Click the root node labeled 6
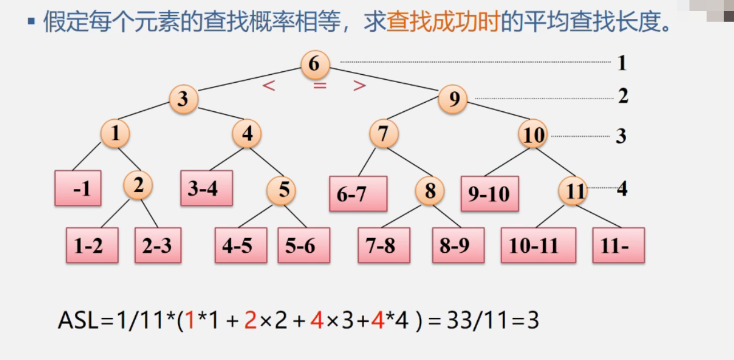[314, 64]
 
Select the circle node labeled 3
[183, 99]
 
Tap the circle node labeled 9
[453, 100]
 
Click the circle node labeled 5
[284, 190]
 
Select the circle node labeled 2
[138, 186]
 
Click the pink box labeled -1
[78, 188]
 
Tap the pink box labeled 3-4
[207, 188]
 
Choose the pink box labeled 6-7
[358, 194]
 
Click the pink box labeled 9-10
[490, 194]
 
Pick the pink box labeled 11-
[618, 245]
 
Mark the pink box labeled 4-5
[241, 245]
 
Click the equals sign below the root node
[319, 86]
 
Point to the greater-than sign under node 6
[359, 86]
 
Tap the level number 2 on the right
[623, 96]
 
